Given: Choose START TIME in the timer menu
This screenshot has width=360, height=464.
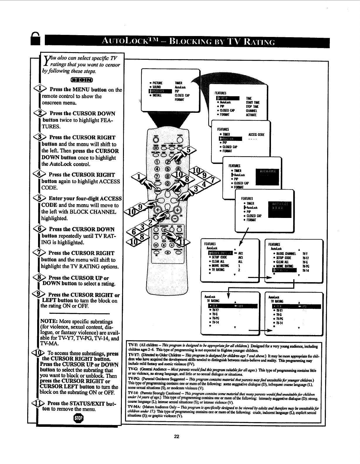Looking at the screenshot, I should pyautogui.click(x=253, y=103).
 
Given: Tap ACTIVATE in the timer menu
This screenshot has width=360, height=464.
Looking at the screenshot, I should pyautogui.click(x=251, y=115).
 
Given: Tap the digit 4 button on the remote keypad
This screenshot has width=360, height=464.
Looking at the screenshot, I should pyautogui.click(x=157, y=169).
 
